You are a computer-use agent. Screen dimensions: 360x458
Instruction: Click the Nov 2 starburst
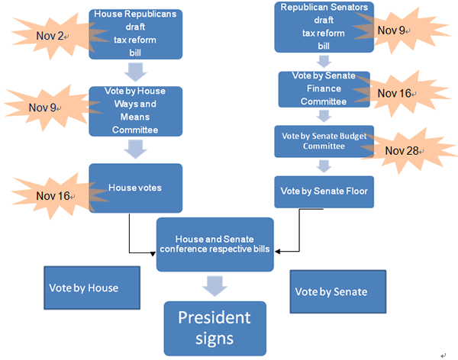point(48,36)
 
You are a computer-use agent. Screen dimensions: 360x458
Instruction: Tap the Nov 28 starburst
point(402,149)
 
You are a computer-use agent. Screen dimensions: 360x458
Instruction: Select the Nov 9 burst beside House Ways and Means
point(44,107)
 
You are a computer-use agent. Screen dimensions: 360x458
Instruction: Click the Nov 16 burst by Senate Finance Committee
point(395,93)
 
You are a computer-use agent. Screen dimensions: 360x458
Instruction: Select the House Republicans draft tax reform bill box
point(135,34)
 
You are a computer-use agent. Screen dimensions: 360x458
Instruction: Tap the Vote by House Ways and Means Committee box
point(135,111)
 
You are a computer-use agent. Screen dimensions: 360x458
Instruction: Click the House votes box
point(135,188)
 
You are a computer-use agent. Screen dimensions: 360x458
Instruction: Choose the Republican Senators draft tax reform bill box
point(324,27)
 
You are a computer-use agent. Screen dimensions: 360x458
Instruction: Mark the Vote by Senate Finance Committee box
point(324,88)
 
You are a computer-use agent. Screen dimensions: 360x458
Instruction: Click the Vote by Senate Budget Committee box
point(324,140)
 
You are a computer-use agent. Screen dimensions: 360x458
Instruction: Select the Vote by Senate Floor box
point(324,191)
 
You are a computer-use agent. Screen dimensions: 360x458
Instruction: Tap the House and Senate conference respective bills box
point(214,244)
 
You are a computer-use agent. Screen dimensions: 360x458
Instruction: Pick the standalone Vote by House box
point(92,288)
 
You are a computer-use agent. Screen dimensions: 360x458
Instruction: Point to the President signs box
point(214,328)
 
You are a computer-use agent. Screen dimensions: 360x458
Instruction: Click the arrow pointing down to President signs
point(214,286)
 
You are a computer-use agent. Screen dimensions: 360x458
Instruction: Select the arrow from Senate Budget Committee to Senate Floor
point(324,166)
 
